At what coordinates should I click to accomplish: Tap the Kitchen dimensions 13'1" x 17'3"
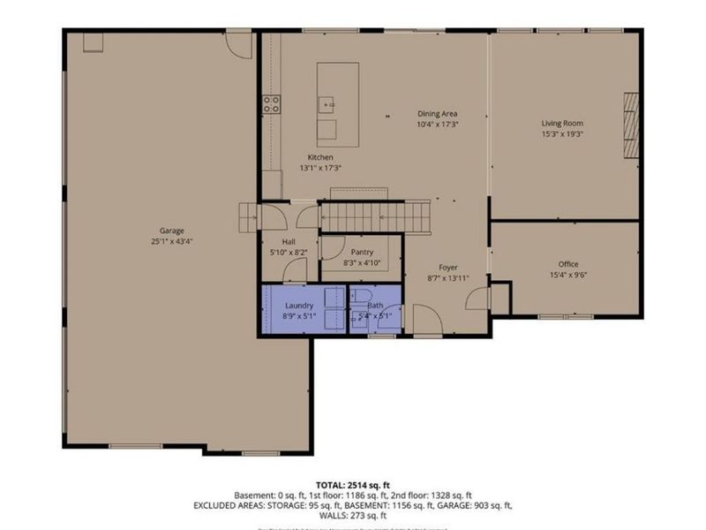[x=320, y=167]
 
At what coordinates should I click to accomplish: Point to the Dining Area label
[x=437, y=114]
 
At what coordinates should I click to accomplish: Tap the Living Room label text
[x=562, y=124]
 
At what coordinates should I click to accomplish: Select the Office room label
[x=567, y=264]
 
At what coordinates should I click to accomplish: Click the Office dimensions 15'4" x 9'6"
[x=567, y=275]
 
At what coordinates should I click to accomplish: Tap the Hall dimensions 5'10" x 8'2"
[x=289, y=252]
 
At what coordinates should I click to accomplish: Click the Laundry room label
[x=298, y=306]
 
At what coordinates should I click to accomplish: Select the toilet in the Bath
[x=364, y=298]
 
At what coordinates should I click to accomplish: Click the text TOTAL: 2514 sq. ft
[x=353, y=484]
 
